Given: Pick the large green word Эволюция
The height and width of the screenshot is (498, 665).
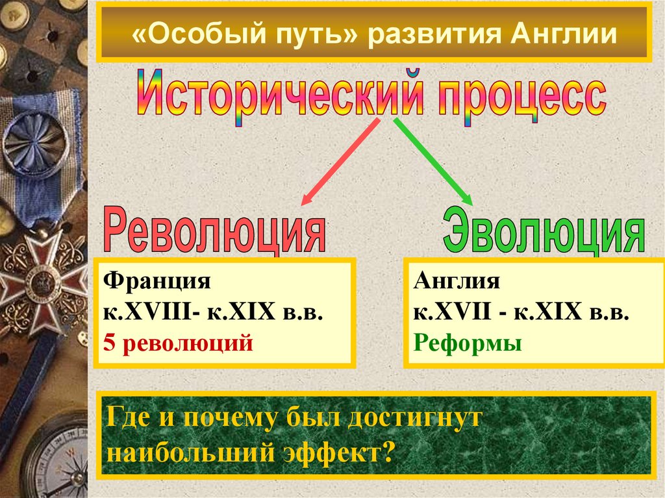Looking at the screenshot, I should click(544, 230).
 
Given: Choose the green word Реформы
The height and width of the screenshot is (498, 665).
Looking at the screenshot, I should click(467, 342).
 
